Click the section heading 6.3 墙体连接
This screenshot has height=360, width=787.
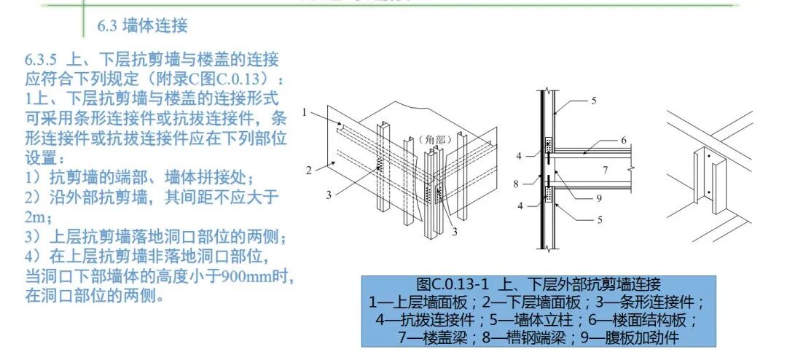click(x=142, y=26)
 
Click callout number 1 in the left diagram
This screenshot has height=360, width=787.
click(x=307, y=112)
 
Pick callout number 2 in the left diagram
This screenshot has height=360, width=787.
click(x=309, y=171)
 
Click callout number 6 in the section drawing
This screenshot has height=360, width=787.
click(x=624, y=140)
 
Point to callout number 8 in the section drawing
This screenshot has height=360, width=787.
click(x=516, y=184)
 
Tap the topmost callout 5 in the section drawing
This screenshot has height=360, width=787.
click(x=595, y=101)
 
